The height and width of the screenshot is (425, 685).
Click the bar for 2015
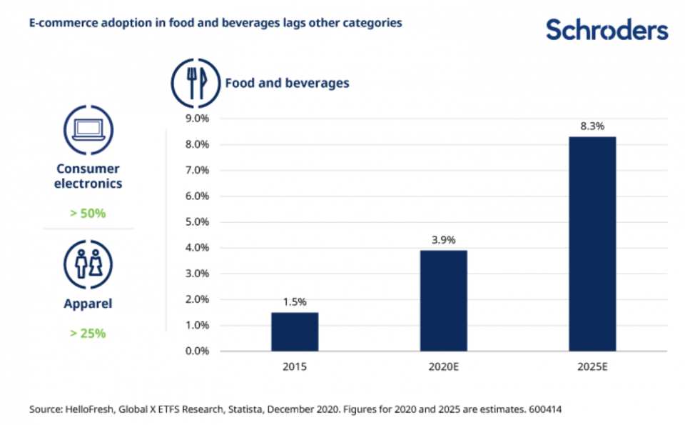tap(294, 331)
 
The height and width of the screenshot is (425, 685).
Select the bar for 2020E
tap(443, 300)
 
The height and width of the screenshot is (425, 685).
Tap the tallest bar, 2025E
tap(592, 244)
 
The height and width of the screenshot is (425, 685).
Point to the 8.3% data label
tap(592, 126)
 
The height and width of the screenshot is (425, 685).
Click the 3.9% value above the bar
tap(443, 240)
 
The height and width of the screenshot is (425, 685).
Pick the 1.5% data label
tap(294, 302)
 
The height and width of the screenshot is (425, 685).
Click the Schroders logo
tap(607, 30)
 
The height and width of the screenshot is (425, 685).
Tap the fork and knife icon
tap(195, 84)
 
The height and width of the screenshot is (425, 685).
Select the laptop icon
tap(88, 129)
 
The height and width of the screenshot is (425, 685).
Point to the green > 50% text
tap(88, 214)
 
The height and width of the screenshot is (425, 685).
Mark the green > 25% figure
tap(88, 332)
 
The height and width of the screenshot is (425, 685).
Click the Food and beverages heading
tap(287, 83)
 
